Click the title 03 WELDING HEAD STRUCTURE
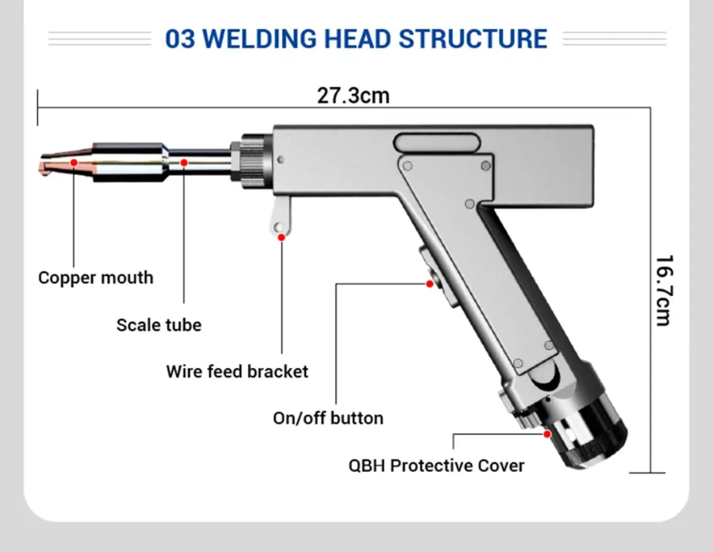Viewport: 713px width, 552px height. click(356, 38)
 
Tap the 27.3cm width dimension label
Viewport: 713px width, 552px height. click(353, 96)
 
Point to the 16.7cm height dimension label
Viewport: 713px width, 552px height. click(662, 290)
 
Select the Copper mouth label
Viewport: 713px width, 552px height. click(95, 278)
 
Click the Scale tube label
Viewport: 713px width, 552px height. click(159, 325)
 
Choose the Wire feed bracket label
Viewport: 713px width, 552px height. click(237, 371)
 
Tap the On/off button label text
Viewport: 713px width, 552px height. click(328, 418)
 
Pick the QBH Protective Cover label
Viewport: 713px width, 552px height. click(437, 466)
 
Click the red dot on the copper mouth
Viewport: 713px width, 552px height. click(74, 163)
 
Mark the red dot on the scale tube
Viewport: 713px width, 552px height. click(184, 163)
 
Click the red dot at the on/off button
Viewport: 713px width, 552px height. click(430, 284)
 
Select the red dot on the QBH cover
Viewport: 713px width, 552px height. click(547, 434)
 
